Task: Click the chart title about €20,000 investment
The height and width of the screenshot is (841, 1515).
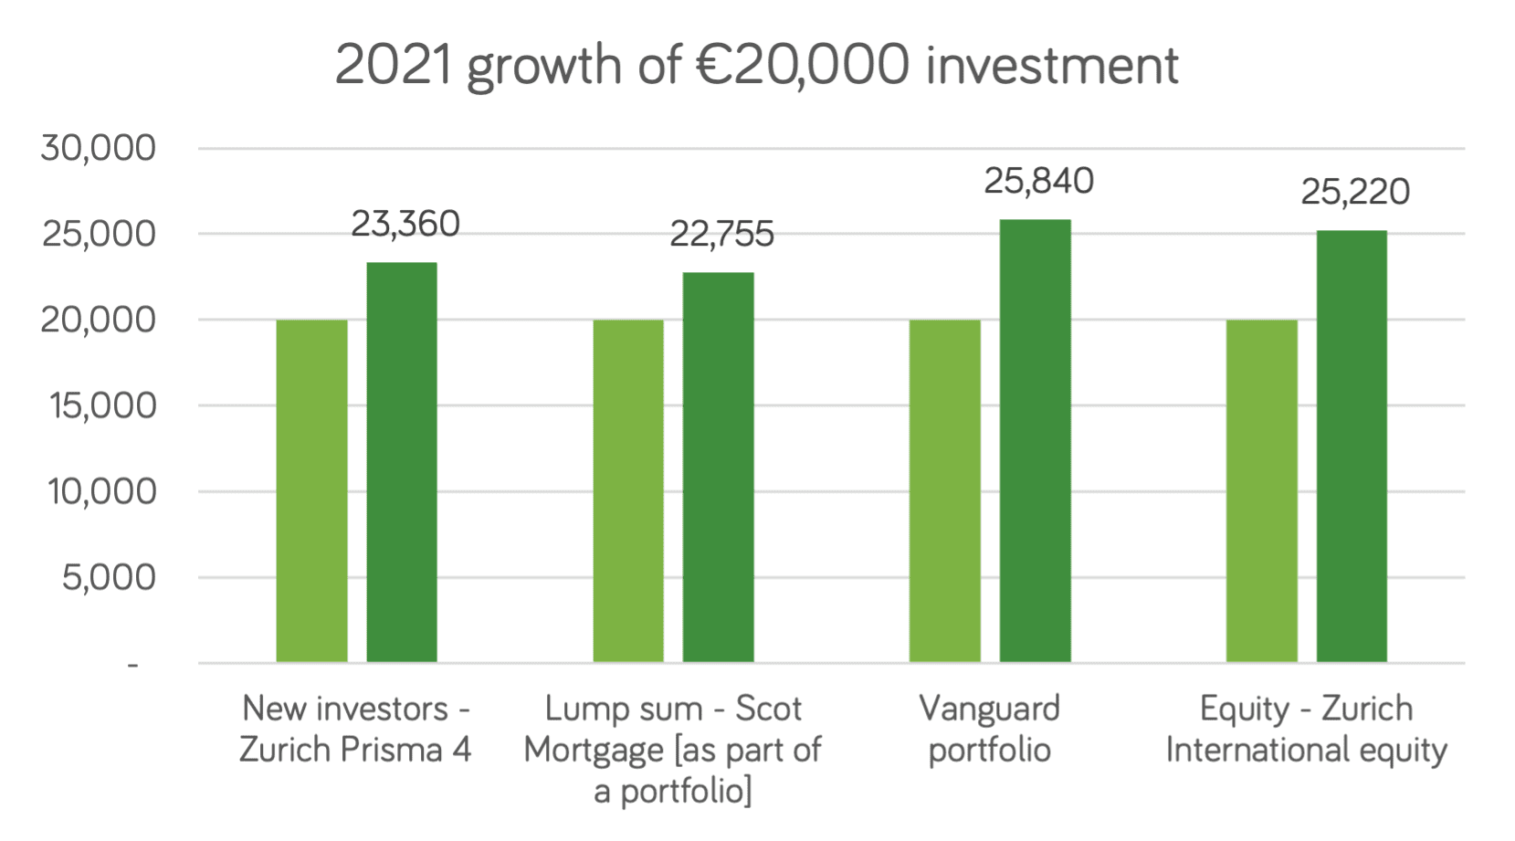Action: coord(756,66)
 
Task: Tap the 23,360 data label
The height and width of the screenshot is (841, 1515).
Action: coord(405,225)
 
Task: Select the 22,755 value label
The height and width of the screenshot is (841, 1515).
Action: coord(721,235)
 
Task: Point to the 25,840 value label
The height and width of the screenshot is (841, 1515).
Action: coord(1038,182)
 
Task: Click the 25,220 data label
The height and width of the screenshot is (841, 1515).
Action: coord(1355,193)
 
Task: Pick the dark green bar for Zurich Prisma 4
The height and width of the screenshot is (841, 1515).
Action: coord(402,462)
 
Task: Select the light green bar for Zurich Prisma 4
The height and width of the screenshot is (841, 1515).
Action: coord(311,491)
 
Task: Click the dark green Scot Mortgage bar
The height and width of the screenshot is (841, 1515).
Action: coord(719,468)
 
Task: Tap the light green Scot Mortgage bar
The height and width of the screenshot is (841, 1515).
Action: coord(628,491)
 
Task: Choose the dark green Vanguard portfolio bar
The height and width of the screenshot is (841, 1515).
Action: coord(1035,441)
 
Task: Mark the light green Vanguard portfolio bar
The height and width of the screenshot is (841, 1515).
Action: coord(945,491)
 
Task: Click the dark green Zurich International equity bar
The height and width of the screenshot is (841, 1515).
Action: coord(1352,447)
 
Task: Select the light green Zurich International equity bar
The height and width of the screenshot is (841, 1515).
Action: coord(1261,491)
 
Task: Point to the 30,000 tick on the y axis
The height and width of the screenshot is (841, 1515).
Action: coord(99,148)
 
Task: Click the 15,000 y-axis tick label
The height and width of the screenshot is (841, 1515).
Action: coord(102,406)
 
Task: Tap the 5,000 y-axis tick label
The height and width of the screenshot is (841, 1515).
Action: coord(109,578)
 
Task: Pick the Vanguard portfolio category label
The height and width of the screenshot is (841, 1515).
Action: coord(989,729)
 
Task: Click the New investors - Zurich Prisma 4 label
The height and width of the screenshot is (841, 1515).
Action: coord(355,729)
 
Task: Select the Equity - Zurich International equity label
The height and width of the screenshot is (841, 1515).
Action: coord(1306,729)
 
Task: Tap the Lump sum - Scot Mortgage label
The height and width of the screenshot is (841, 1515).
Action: coord(673,749)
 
